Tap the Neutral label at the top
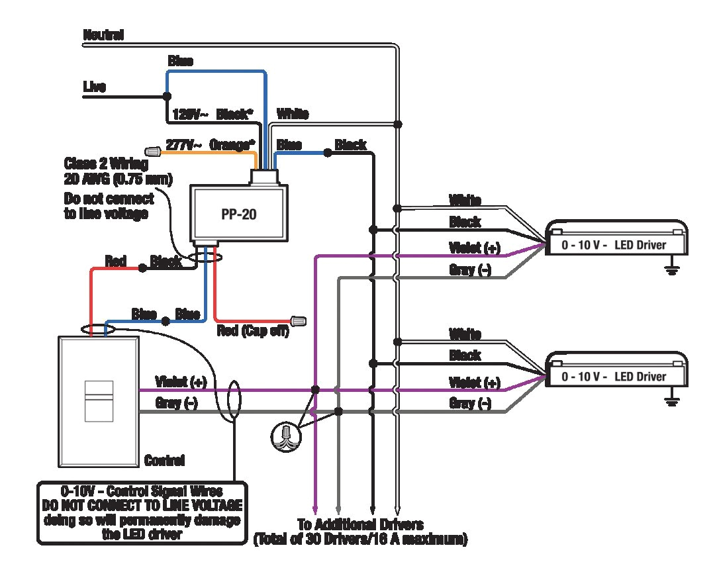pos(103,35)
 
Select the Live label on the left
pos(94,87)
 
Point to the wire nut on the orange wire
pos(153,152)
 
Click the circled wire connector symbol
pos(286,434)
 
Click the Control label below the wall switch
pos(164,459)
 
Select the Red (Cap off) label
pos(253,331)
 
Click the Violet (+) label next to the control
pos(180,381)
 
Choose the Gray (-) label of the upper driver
pos(470,270)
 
